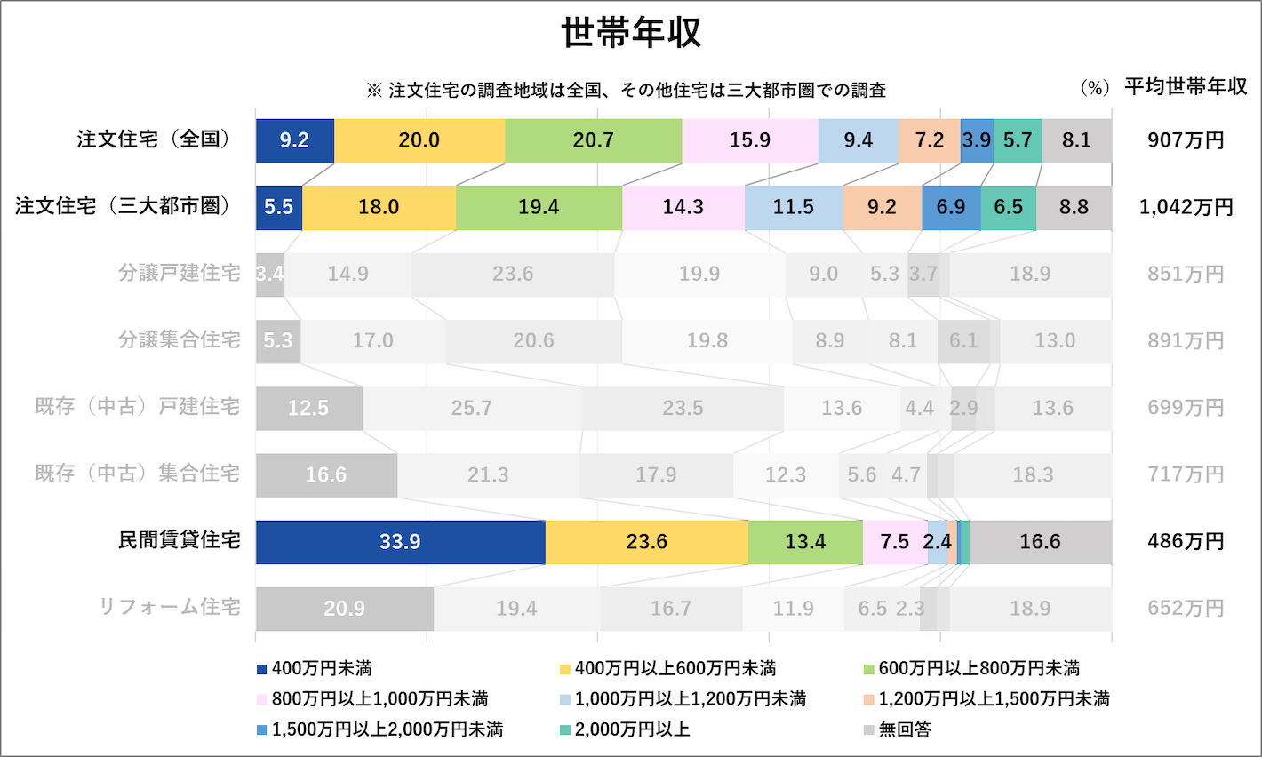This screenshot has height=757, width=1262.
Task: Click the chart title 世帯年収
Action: [631, 33]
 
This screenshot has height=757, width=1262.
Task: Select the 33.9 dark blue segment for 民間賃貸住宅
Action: [400, 542]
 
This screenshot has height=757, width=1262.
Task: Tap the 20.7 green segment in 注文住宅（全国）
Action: [593, 140]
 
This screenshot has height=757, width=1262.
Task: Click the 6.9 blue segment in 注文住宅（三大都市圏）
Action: [951, 207]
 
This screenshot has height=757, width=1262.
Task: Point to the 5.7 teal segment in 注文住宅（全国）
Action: [1018, 140]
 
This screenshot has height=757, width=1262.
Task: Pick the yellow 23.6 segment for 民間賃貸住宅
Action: [646, 542]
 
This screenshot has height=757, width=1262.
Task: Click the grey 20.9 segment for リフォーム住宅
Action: [344, 609]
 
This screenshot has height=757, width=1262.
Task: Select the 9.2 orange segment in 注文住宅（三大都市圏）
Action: [882, 207]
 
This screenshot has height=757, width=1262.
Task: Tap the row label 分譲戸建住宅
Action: [180, 273]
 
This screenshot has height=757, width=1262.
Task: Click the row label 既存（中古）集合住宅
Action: [138, 474]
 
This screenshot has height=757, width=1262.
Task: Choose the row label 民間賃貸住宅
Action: [180, 540]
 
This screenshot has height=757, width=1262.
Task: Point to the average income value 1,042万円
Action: [1186, 207]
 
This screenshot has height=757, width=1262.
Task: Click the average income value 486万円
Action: [1186, 541]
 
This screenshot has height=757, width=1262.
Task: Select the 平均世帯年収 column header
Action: [1186, 87]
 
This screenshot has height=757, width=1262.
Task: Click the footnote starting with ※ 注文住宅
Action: [626, 90]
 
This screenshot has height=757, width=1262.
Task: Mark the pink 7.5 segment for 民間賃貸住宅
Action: [894, 542]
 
